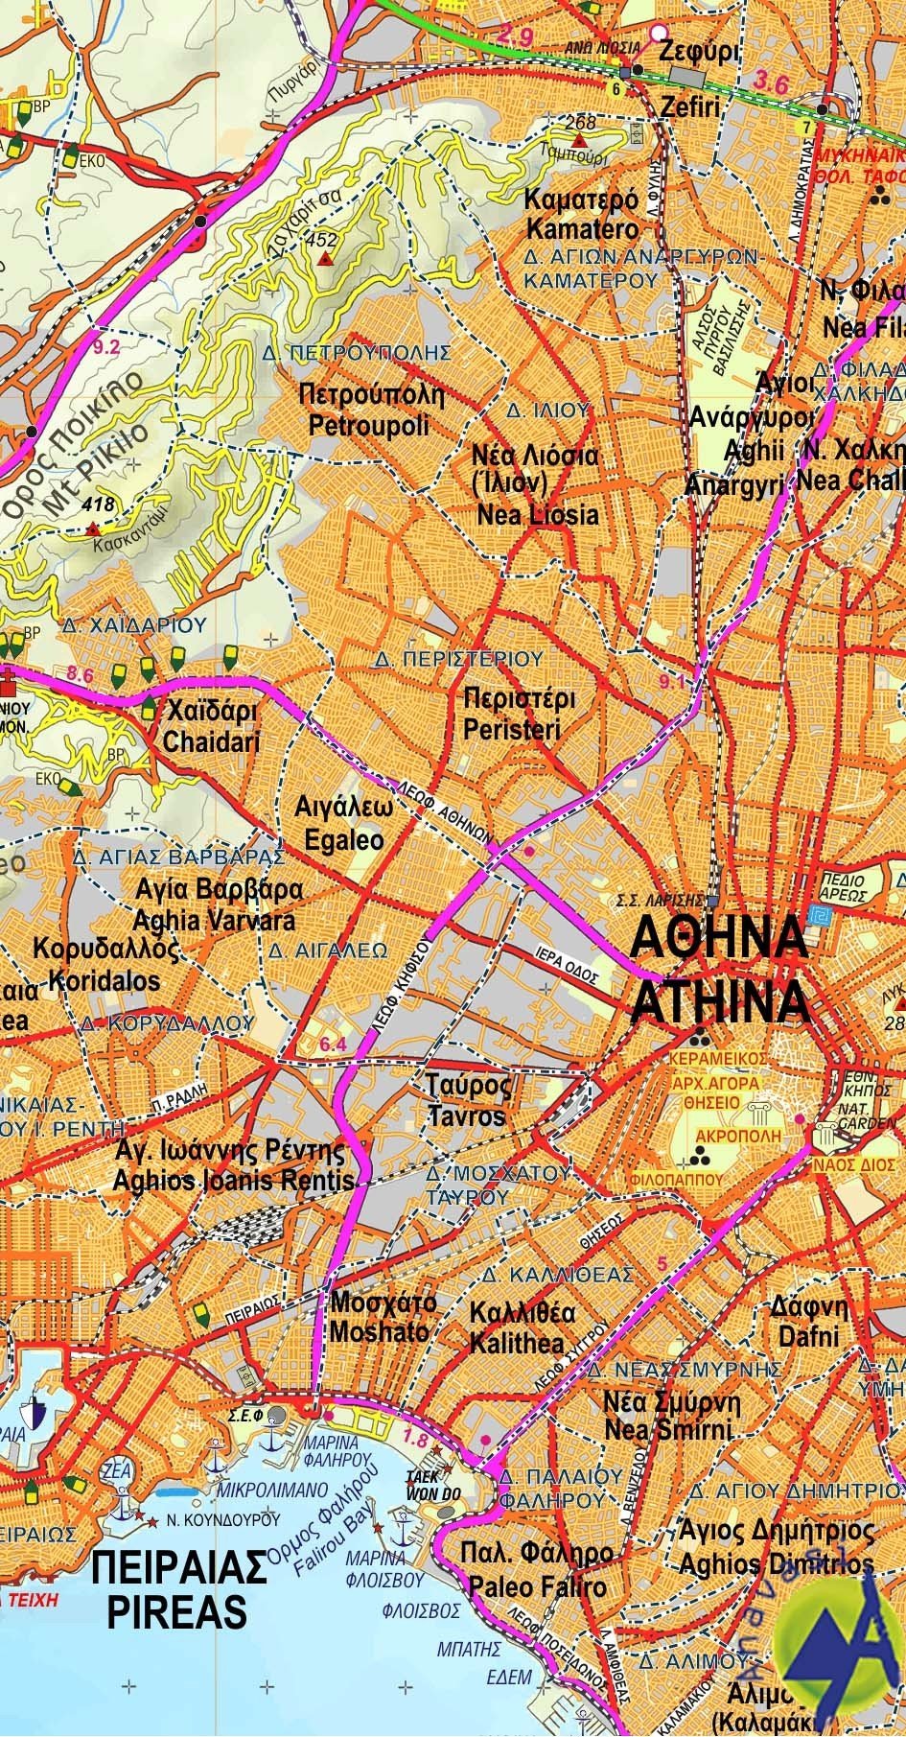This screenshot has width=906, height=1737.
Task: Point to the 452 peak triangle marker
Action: pyautogui.click(x=326, y=233)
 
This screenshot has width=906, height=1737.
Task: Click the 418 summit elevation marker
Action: pyautogui.click(x=92, y=528)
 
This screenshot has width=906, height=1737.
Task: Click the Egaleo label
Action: pyautogui.click(x=343, y=840)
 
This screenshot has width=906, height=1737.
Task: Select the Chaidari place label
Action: pyautogui.click(x=212, y=741)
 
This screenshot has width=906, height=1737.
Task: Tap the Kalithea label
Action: pyautogui.click(x=517, y=1343)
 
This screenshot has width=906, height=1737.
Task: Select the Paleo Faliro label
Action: pyautogui.click(x=537, y=1587)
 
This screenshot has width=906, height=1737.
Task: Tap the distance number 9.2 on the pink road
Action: pyautogui.click(x=107, y=347)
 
